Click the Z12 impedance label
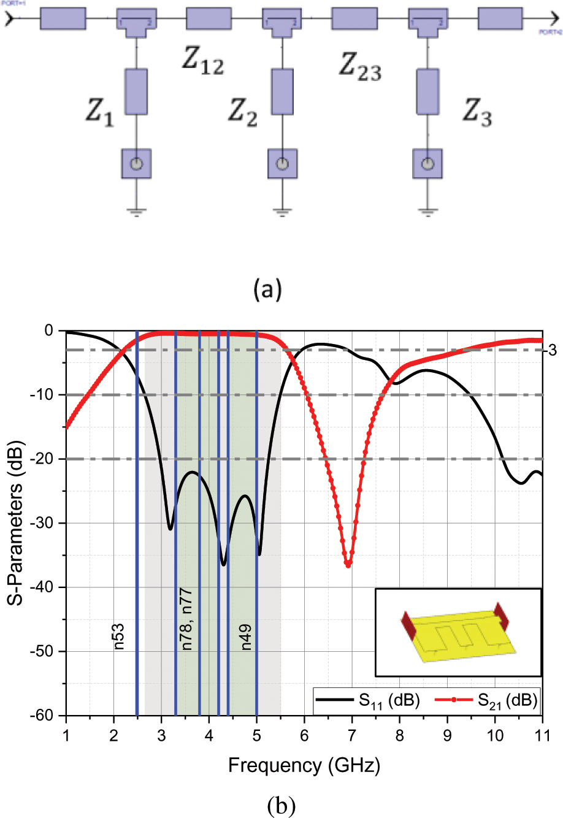(x=203, y=61)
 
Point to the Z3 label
(x=477, y=111)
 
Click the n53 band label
(x=120, y=637)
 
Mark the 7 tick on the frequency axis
(x=352, y=732)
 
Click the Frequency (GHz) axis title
(x=304, y=765)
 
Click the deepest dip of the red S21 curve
(x=348, y=565)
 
